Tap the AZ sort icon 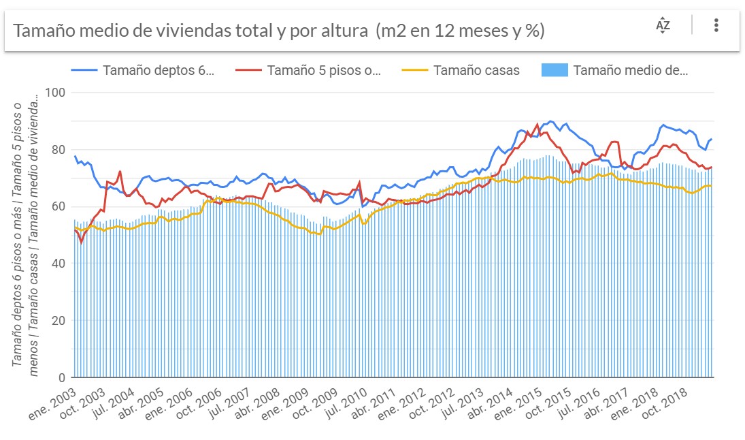[663, 26]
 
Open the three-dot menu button [716, 26]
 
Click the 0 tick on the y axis [61, 377]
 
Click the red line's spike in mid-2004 [120, 172]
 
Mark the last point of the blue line [712, 139]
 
